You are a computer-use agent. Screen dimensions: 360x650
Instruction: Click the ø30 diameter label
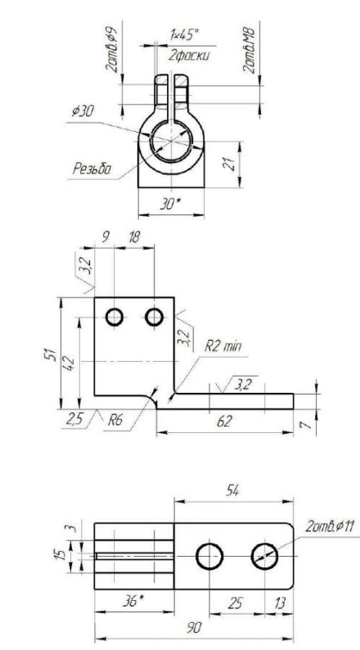pyautogui.click(x=83, y=111)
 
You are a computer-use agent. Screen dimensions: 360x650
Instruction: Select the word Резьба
pyautogui.click(x=92, y=169)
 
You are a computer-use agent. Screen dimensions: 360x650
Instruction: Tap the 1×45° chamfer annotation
pyautogui.click(x=184, y=35)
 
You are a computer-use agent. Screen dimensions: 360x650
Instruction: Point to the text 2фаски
pyautogui.click(x=188, y=55)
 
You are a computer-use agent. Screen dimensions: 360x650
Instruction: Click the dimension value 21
pyautogui.click(x=232, y=165)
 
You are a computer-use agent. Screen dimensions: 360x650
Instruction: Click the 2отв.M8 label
pyautogui.click(x=250, y=51)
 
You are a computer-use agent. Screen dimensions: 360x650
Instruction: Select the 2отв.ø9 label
pyautogui.click(x=112, y=50)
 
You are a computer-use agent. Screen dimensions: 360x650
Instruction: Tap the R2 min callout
pyautogui.click(x=223, y=346)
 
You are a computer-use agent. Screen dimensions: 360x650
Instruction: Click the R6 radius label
pyautogui.click(x=115, y=421)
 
